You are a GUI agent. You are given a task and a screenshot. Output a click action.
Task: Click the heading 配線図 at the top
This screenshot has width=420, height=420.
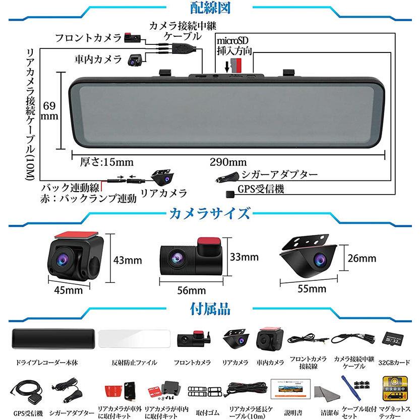(x=210, y=8)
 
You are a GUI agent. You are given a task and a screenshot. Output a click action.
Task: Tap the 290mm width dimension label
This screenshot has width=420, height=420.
(x=228, y=162)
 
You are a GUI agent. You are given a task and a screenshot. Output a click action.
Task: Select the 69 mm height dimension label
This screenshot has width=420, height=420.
(x=49, y=111)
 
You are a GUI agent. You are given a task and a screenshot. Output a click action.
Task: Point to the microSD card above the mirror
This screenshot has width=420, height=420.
(x=236, y=66)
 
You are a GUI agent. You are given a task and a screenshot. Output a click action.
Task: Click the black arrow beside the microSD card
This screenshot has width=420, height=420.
(x=227, y=67)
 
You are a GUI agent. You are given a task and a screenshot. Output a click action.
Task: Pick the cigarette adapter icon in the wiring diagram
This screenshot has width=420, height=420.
(x=227, y=177)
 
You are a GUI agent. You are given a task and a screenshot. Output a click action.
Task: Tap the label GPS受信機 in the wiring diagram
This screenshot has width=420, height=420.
(x=261, y=189)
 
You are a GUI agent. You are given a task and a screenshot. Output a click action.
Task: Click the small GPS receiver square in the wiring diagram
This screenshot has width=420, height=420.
(x=230, y=194)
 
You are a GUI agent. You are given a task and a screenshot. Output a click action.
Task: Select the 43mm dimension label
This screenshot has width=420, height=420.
(x=128, y=260)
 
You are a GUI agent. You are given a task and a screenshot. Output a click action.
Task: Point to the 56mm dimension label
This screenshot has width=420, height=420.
(x=192, y=290)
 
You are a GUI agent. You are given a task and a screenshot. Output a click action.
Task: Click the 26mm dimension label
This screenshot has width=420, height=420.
(x=362, y=259)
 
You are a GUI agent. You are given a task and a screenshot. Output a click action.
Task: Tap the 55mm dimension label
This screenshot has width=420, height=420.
(x=312, y=289)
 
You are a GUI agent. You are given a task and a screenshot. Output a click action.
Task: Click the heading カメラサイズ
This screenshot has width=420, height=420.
(x=210, y=214)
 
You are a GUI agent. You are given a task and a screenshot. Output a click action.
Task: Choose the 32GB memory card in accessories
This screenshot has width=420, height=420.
(x=393, y=339)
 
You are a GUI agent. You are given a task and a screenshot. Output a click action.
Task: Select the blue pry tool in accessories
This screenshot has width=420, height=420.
(x=351, y=388)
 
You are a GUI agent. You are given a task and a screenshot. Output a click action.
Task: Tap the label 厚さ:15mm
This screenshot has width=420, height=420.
(x=106, y=162)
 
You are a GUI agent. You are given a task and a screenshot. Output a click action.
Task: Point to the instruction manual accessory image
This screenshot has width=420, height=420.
(x=290, y=389)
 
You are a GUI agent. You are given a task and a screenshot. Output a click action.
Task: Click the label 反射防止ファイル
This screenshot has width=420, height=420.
(x=134, y=363)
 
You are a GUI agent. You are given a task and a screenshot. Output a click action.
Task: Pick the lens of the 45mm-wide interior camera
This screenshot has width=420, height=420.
(x=63, y=259)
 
